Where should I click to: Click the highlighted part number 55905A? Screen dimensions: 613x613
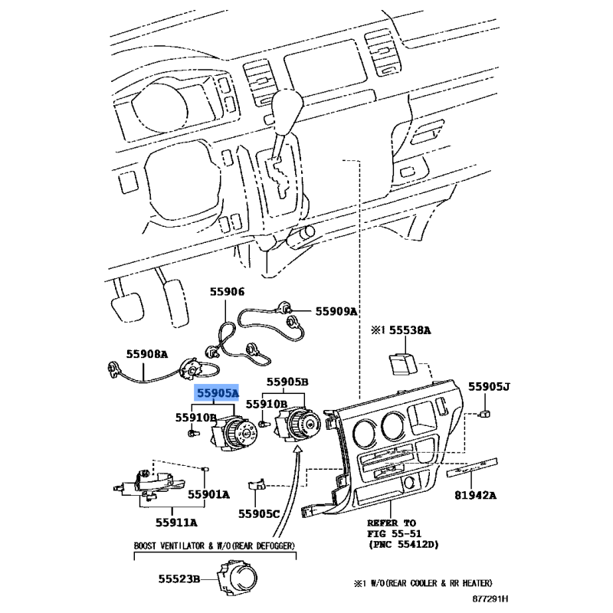click(x=218, y=392)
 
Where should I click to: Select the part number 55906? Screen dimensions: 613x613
click(x=227, y=292)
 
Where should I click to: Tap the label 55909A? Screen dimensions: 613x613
click(x=336, y=311)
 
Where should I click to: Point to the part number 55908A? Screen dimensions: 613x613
click(x=147, y=354)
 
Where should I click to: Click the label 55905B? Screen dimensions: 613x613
click(x=287, y=382)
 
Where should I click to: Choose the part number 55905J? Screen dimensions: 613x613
click(x=489, y=387)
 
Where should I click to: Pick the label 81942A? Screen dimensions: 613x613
click(x=475, y=495)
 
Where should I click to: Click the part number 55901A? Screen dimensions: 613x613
click(x=208, y=494)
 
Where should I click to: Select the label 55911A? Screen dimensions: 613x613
click(x=176, y=523)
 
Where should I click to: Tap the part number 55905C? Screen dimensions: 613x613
click(x=259, y=513)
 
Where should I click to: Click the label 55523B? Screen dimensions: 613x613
click(x=179, y=579)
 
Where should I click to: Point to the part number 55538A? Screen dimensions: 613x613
click(x=410, y=330)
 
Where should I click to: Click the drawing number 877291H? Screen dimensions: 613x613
click(x=490, y=598)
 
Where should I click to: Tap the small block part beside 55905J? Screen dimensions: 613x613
click(x=485, y=414)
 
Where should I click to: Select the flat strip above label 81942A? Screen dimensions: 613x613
click(x=472, y=467)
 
